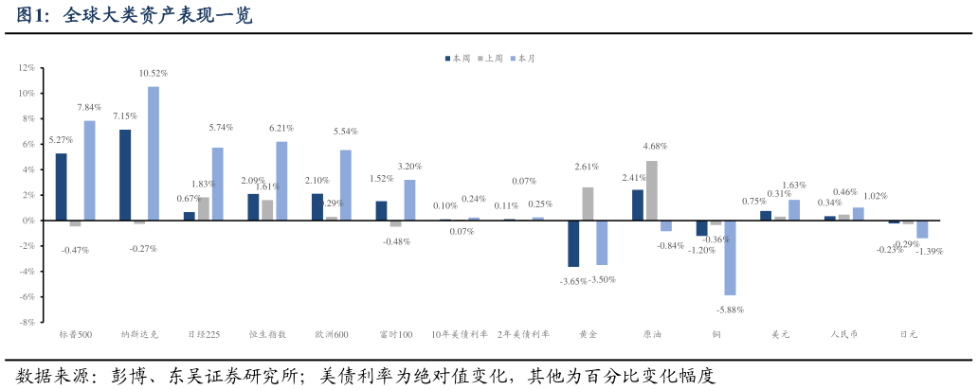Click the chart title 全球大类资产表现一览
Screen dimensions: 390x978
[x=157, y=16]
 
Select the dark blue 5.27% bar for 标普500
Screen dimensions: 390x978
[x=62, y=186]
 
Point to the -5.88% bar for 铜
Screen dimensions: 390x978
[x=730, y=257]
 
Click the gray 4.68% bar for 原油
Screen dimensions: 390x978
[x=652, y=190]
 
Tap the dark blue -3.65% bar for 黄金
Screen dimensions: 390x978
[x=573, y=243]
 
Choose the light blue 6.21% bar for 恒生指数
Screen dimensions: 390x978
[x=281, y=181]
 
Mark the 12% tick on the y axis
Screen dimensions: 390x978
[x=26, y=68]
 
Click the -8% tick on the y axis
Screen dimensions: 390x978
[x=26, y=322]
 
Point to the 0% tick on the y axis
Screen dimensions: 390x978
[x=27, y=221]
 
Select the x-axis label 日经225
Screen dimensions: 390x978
[x=203, y=334]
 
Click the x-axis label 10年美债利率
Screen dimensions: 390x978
[x=460, y=334]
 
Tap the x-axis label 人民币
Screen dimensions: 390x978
[x=843, y=334]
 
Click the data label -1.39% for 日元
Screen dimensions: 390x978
[x=929, y=251]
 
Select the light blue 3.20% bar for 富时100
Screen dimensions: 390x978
[x=409, y=200]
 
